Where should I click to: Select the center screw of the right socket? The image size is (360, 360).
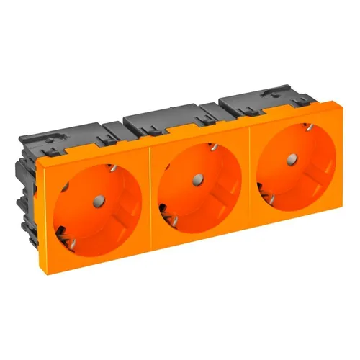(x=293, y=158)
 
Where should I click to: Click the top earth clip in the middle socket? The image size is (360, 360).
(x=213, y=148)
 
